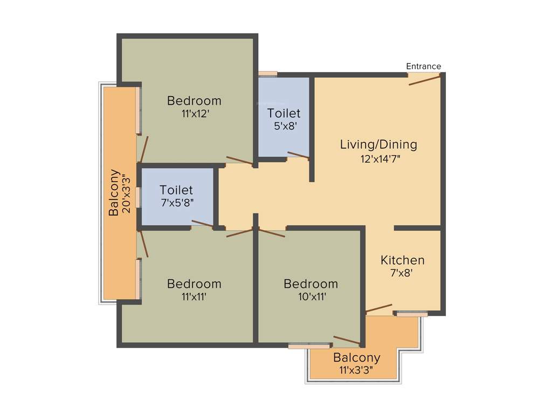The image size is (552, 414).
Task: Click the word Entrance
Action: click(423, 66)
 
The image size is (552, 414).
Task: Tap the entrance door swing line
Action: click(425, 80)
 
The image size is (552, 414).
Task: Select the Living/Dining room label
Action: click(378, 144)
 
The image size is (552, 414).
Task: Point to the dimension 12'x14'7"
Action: click(381, 159)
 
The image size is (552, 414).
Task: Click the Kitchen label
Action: click(402, 260)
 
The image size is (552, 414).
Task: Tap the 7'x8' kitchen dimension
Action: click(401, 273)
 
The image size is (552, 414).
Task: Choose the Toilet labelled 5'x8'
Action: click(284, 114)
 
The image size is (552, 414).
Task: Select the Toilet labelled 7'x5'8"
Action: click(176, 190)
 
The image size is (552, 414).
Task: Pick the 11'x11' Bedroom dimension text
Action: click(194, 296)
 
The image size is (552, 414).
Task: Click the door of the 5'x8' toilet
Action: click(298, 155)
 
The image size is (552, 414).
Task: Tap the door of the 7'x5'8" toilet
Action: click(203, 224)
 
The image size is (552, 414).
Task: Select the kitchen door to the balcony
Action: click(379, 308)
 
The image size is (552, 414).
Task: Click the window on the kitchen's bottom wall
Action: click(411, 314)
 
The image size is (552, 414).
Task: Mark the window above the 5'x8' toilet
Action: click(267, 74)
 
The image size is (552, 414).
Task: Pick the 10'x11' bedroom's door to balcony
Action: click(347, 340)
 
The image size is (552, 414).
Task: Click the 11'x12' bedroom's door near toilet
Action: click(239, 160)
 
